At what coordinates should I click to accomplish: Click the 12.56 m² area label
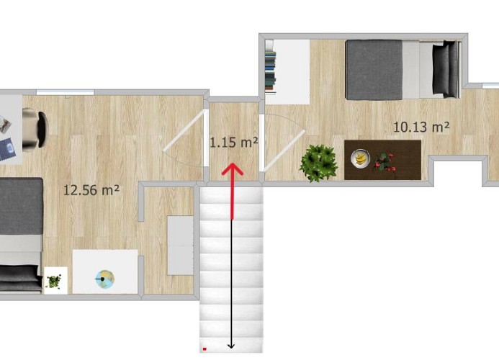(x=91, y=190)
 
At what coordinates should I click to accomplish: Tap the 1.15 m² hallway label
(x=234, y=142)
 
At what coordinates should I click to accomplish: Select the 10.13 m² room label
(x=421, y=127)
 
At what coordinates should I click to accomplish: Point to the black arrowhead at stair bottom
(x=231, y=346)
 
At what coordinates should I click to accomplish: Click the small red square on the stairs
(x=204, y=349)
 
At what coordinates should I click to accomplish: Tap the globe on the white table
(x=105, y=279)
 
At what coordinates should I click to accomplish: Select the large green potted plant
(x=318, y=163)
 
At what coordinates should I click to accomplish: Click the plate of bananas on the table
(x=360, y=158)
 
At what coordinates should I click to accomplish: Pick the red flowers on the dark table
(x=385, y=161)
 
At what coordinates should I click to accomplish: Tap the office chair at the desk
(x=35, y=128)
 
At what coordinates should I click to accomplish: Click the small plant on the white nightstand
(x=54, y=282)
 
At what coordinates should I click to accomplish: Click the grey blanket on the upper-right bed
(x=374, y=70)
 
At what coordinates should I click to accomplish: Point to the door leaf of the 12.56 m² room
(x=184, y=130)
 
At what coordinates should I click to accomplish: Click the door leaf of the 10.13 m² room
(x=284, y=150)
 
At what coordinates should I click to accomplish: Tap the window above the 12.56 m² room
(x=66, y=92)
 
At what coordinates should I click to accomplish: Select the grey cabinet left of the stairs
(x=180, y=245)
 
